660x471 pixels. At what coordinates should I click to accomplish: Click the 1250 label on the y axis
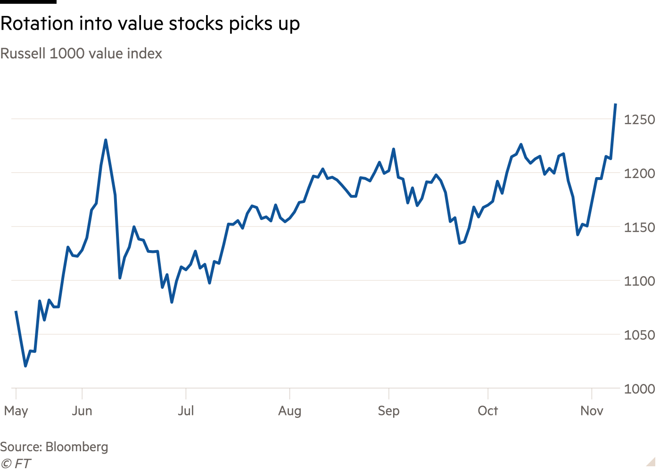click(639, 120)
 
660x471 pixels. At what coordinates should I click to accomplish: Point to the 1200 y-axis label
click(639, 174)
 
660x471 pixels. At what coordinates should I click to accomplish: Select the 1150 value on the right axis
click(639, 227)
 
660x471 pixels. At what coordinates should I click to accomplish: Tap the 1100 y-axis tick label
click(639, 282)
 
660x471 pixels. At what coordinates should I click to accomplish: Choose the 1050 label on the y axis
click(639, 335)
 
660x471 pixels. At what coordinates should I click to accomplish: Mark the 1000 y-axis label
click(639, 389)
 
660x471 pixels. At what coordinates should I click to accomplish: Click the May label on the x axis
click(16, 411)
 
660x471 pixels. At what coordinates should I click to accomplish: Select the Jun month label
click(82, 411)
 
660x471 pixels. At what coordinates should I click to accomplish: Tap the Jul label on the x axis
click(186, 411)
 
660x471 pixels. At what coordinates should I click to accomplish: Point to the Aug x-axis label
click(289, 411)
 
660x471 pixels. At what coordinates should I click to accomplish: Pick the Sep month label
click(388, 411)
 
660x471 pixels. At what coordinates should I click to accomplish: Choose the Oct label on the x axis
click(488, 411)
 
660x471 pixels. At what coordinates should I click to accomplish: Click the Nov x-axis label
click(592, 411)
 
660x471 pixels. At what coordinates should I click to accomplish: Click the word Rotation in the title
click(37, 23)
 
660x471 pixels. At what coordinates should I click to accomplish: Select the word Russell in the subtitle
click(23, 54)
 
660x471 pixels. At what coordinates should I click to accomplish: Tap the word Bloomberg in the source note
click(77, 447)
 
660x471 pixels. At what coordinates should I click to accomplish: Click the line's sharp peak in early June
click(106, 140)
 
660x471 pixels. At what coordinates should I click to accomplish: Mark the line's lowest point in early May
click(25, 366)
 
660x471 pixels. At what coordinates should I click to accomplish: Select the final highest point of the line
click(616, 104)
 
